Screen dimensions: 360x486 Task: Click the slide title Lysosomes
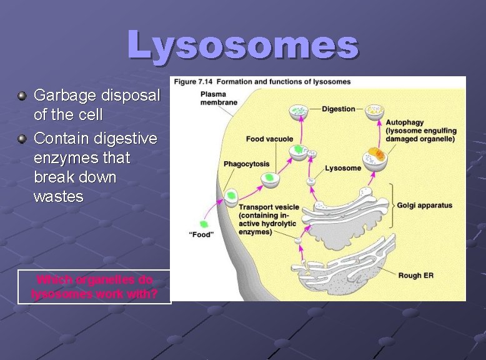pos(243,45)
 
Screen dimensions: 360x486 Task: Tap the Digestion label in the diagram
pos(338,109)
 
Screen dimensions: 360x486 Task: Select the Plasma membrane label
pos(219,98)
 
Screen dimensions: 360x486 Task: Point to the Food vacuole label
pos(269,139)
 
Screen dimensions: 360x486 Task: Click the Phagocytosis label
pos(247,164)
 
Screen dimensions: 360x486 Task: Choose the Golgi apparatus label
pos(424,206)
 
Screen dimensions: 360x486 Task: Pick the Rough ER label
pos(415,275)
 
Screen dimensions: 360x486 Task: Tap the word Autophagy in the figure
pos(405,123)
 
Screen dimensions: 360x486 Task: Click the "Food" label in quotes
pos(201,234)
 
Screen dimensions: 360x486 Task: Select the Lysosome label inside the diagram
pos(343,168)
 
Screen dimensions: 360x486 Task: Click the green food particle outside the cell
pos(204,224)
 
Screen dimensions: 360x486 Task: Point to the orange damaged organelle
pos(376,153)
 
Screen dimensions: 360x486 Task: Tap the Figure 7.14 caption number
pos(194,82)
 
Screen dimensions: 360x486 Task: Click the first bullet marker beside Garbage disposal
pos(22,96)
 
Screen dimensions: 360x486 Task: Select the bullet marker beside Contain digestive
pos(22,138)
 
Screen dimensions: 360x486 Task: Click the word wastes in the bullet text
pos(58,197)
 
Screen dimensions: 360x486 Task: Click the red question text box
pos(94,287)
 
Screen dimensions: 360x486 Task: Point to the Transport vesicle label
pos(269,207)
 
